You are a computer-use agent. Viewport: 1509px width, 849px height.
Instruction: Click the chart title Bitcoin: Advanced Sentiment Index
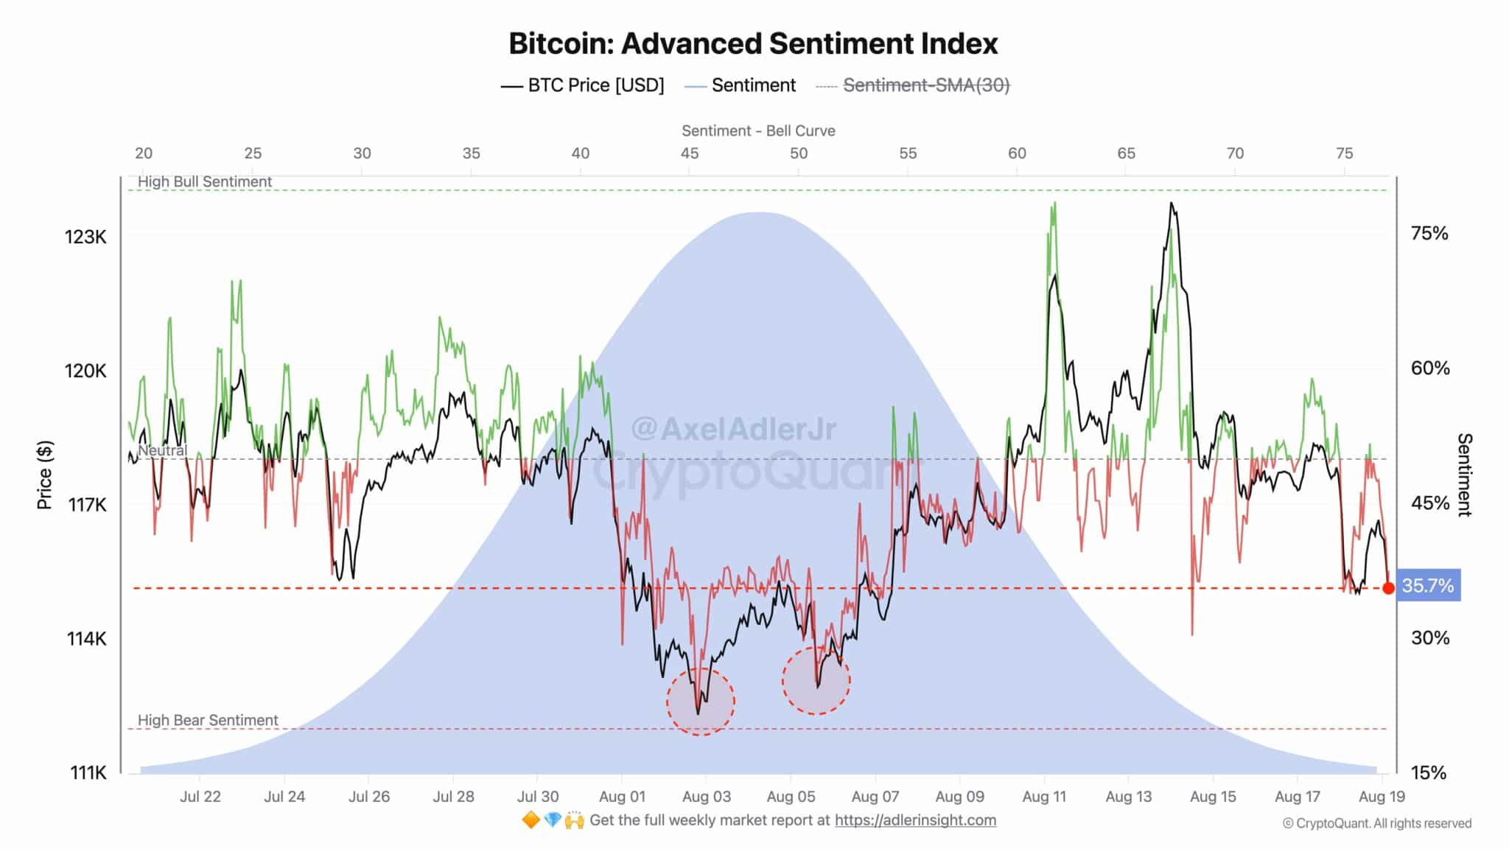point(753,43)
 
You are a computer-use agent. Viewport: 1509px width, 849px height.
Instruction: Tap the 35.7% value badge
point(1428,586)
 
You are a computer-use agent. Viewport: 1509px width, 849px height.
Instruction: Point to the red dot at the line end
point(1388,588)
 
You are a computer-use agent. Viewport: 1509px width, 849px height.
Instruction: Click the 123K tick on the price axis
point(85,237)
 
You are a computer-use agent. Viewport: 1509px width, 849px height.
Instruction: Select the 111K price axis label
point(88,772)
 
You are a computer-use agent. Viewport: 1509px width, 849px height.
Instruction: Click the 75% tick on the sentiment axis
point(1429,234)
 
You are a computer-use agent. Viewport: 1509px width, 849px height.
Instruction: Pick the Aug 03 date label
point(706,797)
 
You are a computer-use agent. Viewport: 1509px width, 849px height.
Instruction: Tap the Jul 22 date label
point(200,797)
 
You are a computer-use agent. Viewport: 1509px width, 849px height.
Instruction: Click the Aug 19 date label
point(1382,797)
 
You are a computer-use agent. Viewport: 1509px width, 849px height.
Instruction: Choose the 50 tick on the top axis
point(798,153)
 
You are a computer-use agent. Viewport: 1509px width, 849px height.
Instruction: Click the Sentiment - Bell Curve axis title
point(758,130)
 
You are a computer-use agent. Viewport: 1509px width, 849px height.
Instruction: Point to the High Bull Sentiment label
point(205,181)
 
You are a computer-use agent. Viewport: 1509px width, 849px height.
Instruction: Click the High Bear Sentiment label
point(208,720)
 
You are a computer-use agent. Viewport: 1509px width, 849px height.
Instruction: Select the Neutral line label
point(162,450)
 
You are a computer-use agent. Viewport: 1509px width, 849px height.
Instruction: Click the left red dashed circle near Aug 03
point(701,702)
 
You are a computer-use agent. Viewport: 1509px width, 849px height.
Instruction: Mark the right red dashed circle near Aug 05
point(816,680)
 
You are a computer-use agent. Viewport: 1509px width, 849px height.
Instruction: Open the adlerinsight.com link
point(915,820)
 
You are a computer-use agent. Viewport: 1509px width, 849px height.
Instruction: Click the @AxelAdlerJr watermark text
point(734,429)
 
